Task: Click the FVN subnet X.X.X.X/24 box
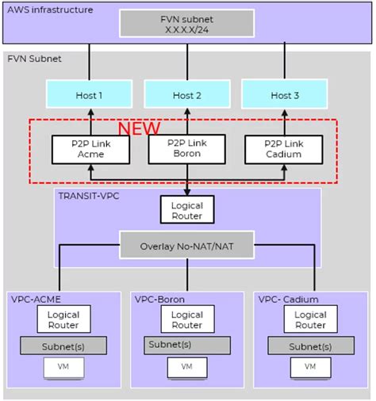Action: pyautogui.click(x=187, y=23)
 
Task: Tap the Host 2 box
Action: pyautogui.click(x=186, y=95)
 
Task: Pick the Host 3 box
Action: pyautogui.click(x=285, y=95)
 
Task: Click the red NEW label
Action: pyautogui.click(x=139, y=128)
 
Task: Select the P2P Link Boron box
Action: pyautogui.click(x=186, y=148)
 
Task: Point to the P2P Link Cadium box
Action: pyautogui.click(x=283, y=148)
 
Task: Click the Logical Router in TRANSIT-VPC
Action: pyautogui.click(x=186, y=209)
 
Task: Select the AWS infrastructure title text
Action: pyautogui.click(x=49, y=10)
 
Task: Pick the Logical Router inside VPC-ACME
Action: pyautogui.click(x=63, y=319)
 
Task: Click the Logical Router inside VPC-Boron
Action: pyautogui.click(x=186, y=319)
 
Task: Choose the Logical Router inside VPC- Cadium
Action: pyautogui.click(x=310, y=319)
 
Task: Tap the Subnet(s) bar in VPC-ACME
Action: pyautogui.click(x=63, y=346)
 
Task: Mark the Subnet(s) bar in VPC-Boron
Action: pyautogui.click(x=186, y=344)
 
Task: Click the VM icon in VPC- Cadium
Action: pyautogui.click(x=310, y=368)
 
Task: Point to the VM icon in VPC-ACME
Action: pyautogui.click(x=63, y=368)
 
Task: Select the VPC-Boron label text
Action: pyautogui.click(x=159, y=300)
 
